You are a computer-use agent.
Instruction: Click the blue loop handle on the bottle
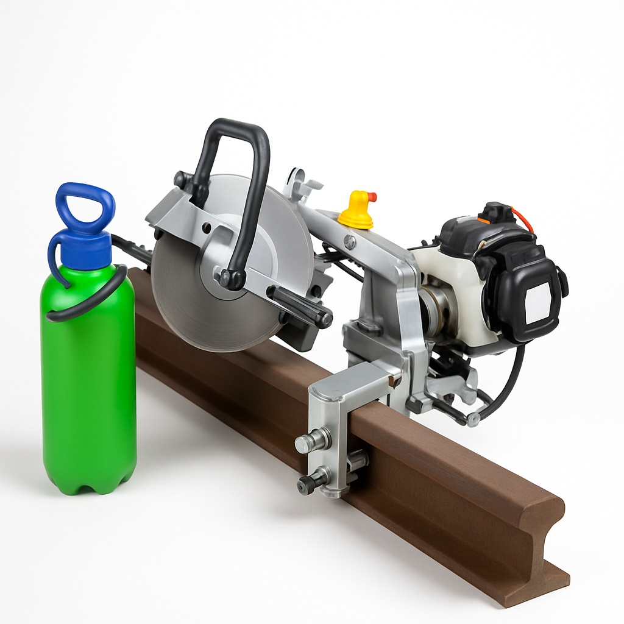85,197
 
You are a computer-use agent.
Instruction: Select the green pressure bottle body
88,390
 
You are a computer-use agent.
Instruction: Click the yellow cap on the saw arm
356,213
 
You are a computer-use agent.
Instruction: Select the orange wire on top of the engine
523,218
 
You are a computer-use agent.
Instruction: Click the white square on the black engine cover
537,303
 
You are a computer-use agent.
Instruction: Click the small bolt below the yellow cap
350,243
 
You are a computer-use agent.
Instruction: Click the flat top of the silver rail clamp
350,381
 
